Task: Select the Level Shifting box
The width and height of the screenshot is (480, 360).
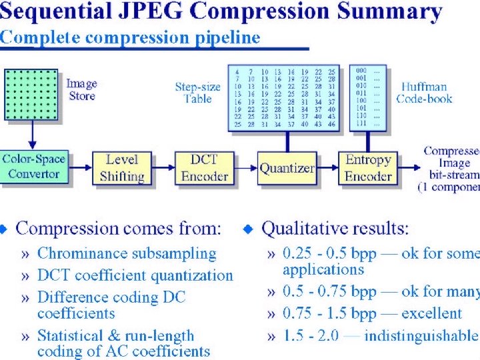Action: (121, 167)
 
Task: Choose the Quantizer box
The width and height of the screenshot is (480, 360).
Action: (287, 167)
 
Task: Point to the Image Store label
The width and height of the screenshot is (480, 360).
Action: (82, 90)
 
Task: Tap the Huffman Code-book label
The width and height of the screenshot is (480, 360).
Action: (424, 93)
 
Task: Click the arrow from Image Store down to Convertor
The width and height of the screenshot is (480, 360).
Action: (31, 139)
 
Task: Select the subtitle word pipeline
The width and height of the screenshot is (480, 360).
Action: (226, 37)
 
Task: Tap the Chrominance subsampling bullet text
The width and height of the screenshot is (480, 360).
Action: (127, 253)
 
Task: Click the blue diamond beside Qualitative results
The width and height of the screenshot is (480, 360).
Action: (249, 229)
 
